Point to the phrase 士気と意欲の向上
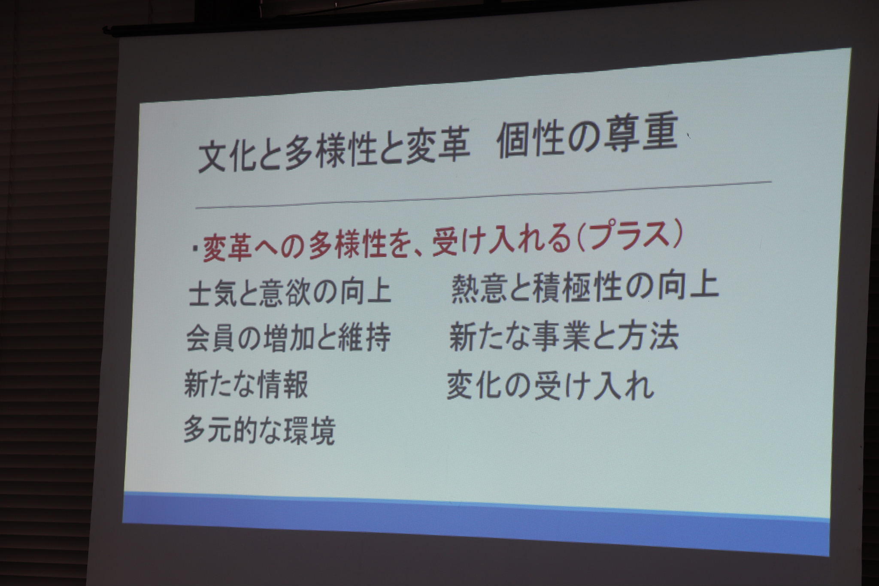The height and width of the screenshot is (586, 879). click(x=290, y=292)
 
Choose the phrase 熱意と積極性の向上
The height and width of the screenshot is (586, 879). click(x=585, y=287)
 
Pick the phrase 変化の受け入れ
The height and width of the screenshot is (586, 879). click(x=550, y=385)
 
